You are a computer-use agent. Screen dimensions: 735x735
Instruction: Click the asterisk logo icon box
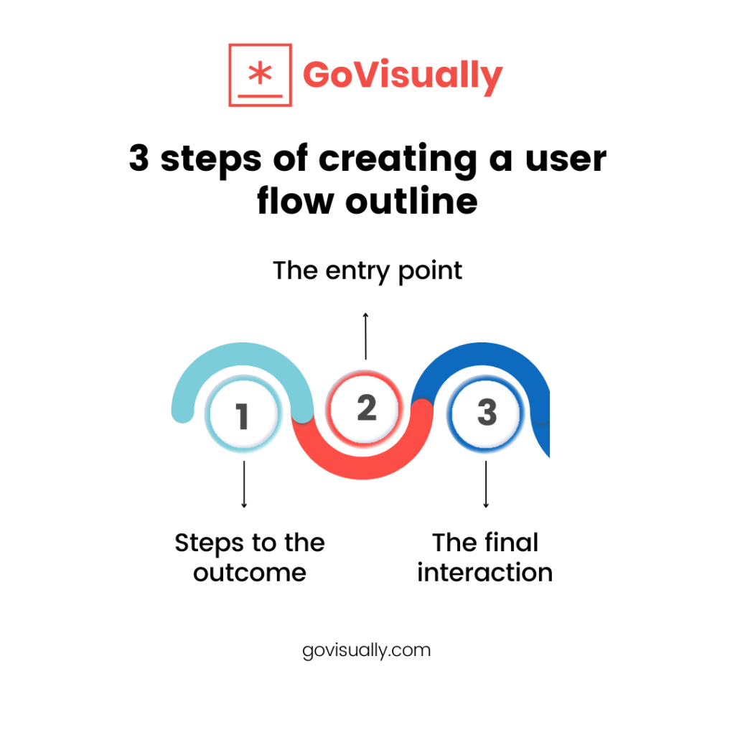point(260,75)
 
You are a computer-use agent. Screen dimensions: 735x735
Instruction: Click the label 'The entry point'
point(367,271)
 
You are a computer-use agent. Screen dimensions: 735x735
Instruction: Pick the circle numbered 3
point(486,413)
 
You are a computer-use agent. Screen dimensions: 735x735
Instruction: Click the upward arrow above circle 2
point(366,335)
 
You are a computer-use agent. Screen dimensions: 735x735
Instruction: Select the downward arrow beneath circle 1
point(244,484)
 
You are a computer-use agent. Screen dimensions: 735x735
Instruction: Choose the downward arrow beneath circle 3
point(486,484)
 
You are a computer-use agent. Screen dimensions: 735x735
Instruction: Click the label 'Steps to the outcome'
point(249,557)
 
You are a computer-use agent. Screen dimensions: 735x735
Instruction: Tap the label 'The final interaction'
point(485,557)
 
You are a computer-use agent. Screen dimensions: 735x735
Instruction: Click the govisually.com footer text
point(367,650)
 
